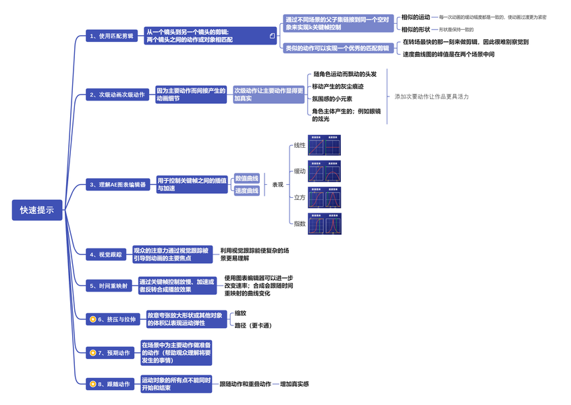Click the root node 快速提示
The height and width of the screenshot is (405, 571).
click(x=37, y=211)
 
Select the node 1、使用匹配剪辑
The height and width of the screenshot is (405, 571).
click(x=112, y=36)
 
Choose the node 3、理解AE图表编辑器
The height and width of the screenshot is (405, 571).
click(x=118, y=184)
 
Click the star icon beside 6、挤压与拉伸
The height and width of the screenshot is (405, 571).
click(x=93, y=319)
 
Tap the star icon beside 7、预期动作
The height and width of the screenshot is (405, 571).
click(x=93, y=352)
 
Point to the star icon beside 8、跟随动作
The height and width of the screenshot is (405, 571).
click(x=93, y=384)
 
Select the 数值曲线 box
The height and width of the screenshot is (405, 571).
click(x=246, y=178)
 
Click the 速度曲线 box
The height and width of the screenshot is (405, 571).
click(x=246, y=191)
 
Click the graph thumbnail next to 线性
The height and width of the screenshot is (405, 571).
click(x=325, y=145)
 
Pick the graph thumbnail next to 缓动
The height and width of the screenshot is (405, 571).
click(x=325, y=171)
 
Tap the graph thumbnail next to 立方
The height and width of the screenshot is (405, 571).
click(x=325, y=197)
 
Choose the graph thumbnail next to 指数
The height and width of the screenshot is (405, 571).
click(x=325, y=223)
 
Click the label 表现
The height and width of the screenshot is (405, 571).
click(x=277, y=185)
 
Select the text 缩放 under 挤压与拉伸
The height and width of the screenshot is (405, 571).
click(x=240, y=313)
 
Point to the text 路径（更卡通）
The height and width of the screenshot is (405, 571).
click(x=252, y=325)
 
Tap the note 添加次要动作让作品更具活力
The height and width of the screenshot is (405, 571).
click(x=431, y=97)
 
